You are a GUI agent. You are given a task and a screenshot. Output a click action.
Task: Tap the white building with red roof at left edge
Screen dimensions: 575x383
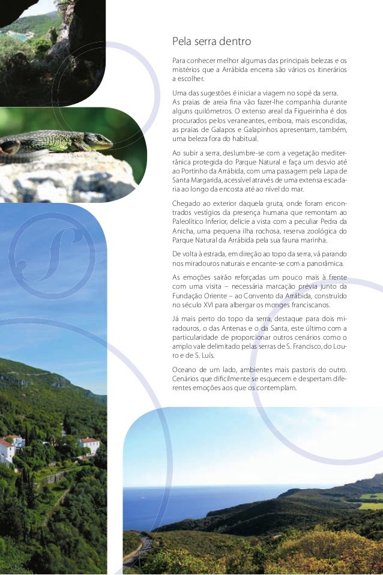6,450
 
